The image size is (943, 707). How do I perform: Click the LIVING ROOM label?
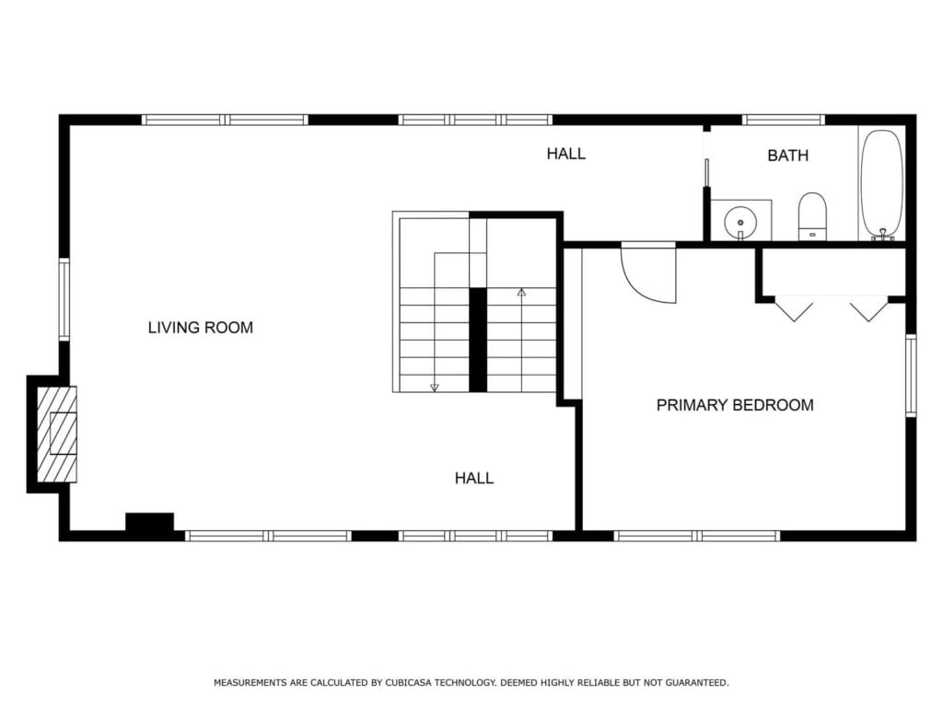pyautogui.click(x=200, y=328)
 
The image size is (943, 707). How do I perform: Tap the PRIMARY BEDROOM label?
pyautogui.click(x=735, y=405)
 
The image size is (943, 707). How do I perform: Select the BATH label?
pyautogui.click(x=788, y=156)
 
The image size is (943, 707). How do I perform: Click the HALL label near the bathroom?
pyautogui.click(x=566, y=154)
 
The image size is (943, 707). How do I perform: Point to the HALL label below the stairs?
pyautogui.click(x=474, y=479)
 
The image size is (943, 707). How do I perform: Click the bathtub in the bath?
pyautogui.click(x=881, y=183)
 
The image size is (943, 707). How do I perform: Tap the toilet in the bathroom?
pyautogui.click(x=812, y=216)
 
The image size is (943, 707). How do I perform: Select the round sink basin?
pyautogui.click(x=740, y=223)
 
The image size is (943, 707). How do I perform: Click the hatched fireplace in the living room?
pyautogui.click(x=57, y=434)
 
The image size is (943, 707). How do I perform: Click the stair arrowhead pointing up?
pyautogui.click(x=521, y=292)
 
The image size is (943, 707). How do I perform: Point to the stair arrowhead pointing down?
pyautogui.click(x=435, y=388)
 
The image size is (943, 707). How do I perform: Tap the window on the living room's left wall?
pyautogui.click(x=64, y=299)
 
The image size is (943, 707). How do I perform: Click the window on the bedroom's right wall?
pyautogui.click(x=911, y=376)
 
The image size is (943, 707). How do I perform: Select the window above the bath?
pyautogui.click(x=783, y=120)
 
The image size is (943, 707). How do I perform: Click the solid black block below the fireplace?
pyautogui.click(x=150, y=522)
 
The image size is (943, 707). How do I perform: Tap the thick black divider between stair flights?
pyautogui.click(x=478, y=340)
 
